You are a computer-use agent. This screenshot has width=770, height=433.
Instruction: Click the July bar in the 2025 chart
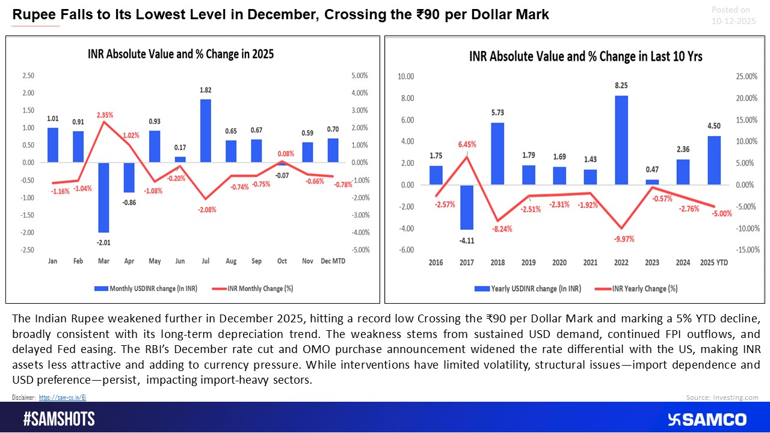click(x=206, y=131)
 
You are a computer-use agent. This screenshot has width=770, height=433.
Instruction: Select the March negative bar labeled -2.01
click(x=103, y=197)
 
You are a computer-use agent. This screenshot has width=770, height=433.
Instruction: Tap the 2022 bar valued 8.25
click(x=621, y=140)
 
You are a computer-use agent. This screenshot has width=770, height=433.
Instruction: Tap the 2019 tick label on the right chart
click(x=529, y=263)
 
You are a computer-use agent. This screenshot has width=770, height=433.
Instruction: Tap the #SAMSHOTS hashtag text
click(x=59, y=419)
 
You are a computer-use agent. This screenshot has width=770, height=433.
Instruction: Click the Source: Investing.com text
click(x=722, y=398)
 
